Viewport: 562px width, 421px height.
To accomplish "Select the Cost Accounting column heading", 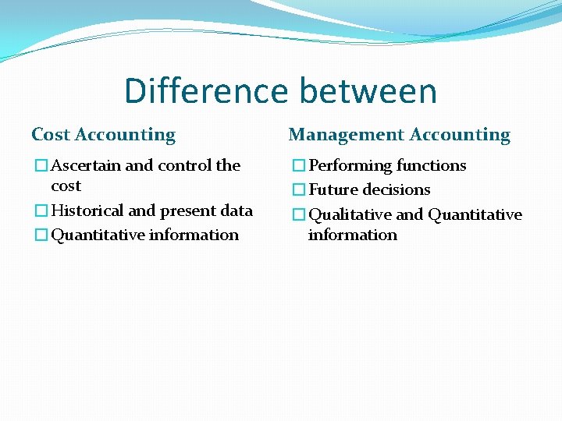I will coord(103,135).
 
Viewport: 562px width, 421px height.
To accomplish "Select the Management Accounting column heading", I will coord(399,135).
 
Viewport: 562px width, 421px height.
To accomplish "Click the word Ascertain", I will coord(86,165).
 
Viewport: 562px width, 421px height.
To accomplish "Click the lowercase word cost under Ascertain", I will coord(66,186).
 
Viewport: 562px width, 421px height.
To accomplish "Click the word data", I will coord(237,210).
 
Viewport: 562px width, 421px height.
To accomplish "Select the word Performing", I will coord(350,165).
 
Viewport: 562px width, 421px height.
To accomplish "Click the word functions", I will coord(431,165).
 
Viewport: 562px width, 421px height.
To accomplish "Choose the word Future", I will coord(331,189).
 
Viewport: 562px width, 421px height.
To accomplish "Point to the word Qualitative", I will coord(350,214).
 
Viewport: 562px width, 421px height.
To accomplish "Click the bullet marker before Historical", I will coord(40,210).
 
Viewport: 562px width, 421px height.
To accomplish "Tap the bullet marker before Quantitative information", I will coord(40,235).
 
